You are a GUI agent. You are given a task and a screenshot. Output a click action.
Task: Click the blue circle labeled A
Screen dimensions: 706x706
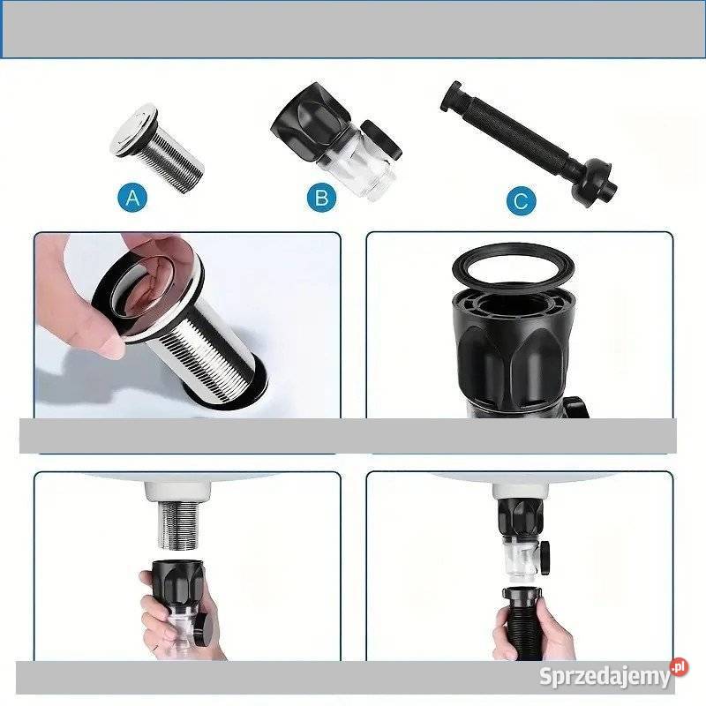click(132, 197)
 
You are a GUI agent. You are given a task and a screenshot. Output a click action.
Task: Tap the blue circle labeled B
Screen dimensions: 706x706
click(321, 197)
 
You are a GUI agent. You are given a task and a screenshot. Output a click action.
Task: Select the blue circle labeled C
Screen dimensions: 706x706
click(521, 200)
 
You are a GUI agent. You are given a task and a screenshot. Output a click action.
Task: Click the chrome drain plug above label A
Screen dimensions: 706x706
click(158, 147)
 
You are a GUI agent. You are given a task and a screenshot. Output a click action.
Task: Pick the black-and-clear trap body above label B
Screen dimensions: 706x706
click(335, 139)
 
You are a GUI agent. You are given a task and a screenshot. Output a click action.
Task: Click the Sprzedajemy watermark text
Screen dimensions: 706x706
click(605, 676)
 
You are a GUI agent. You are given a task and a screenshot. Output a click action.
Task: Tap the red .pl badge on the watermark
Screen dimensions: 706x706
click(680, 667)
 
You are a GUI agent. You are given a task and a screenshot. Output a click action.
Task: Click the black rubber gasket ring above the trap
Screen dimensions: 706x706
click(513, 267)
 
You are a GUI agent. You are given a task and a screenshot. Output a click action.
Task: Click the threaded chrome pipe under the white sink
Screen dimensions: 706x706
click(178, 525)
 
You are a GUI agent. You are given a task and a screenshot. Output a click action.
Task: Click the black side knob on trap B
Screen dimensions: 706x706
click(382, 139)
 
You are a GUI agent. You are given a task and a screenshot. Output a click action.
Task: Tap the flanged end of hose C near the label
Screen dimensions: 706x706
click(593, 184)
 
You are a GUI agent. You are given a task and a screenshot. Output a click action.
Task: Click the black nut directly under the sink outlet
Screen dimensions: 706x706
click(521, 517)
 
